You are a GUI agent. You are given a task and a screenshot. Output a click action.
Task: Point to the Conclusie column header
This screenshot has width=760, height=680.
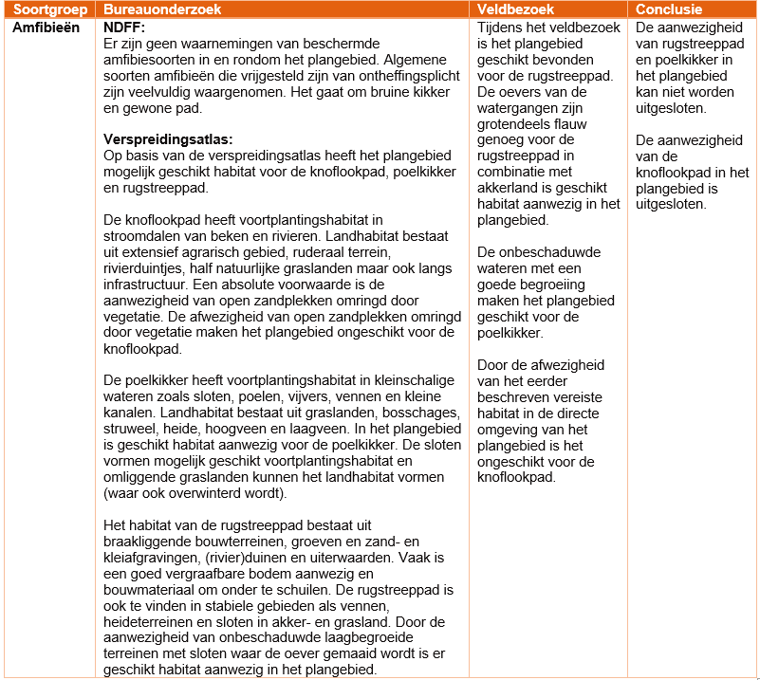(669, 9)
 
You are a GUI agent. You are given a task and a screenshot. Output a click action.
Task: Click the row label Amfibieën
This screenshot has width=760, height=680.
(46, 28)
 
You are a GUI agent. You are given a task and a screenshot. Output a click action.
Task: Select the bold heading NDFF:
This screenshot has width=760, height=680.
(123, 28)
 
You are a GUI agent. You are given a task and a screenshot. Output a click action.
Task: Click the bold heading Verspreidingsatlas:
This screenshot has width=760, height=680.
(167, 139)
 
